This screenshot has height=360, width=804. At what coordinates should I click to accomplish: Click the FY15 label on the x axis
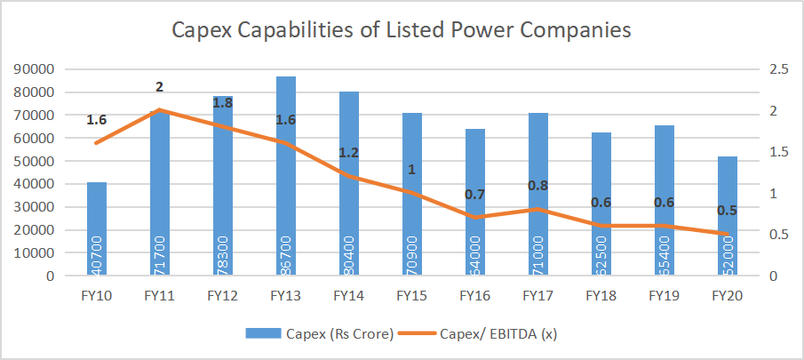point(412,294)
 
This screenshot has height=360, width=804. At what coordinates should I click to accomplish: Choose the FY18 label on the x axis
point(601,294)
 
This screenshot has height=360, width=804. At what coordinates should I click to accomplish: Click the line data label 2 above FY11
point(160,87)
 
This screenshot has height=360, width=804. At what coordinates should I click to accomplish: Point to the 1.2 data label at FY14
point(348,153)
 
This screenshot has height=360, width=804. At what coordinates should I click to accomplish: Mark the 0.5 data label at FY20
point(728,212)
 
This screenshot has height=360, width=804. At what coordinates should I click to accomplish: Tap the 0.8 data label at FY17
point(537,186)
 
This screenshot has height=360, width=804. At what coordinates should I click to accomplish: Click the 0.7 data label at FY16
point(474,195)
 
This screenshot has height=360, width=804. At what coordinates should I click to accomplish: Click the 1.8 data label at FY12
point(223,102)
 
